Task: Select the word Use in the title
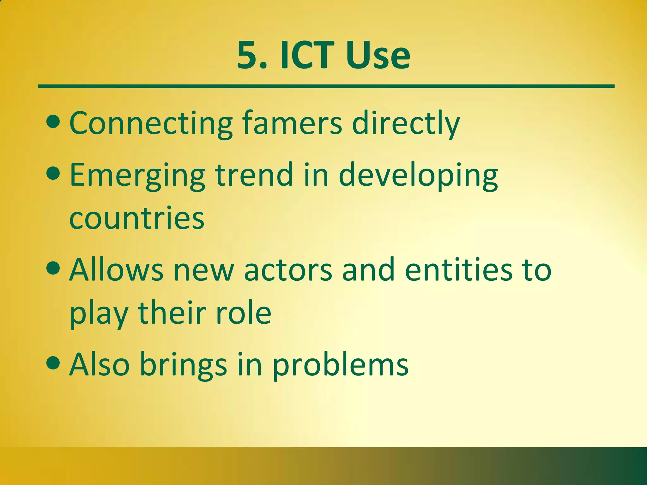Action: pyautogui.click(x=378, y=56)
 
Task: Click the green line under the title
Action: pyautogui.click(x=325, y=86)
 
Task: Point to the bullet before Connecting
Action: pyautogui.click(x=53, y=122)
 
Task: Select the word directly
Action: pyautogui.click(x=406, y=124)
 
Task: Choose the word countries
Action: pyautogui.click(x=137, y=218)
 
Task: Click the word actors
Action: pyautogui.click(x=288, y=270)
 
